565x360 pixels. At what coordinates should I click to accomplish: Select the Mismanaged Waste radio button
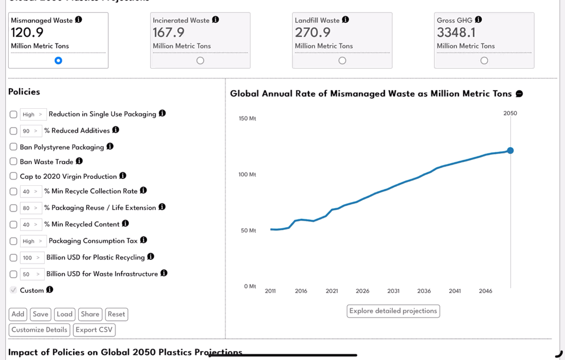58,61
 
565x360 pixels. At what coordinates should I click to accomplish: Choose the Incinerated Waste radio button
200,61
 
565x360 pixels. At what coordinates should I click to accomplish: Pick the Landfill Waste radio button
342,61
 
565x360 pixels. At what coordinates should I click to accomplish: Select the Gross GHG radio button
484,61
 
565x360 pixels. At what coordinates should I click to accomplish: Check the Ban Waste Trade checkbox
14,162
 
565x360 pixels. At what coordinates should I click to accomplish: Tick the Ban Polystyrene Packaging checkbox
14,147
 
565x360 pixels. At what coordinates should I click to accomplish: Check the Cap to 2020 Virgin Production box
14,176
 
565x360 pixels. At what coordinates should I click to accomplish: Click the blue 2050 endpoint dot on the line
510,151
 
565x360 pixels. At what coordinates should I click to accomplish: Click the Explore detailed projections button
393,311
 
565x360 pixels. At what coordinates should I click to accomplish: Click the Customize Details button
39,330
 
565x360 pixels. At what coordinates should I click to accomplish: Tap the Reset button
116,315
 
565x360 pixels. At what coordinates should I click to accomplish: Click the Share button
90,315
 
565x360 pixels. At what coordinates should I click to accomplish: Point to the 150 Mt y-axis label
247,119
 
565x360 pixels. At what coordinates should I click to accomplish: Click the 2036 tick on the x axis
424,291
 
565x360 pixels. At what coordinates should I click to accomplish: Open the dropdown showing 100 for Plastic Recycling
31,258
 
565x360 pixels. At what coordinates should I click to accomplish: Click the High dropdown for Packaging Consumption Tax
33,241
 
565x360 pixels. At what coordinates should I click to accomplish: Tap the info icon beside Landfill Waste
345,20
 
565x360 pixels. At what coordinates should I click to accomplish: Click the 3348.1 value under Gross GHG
456,33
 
